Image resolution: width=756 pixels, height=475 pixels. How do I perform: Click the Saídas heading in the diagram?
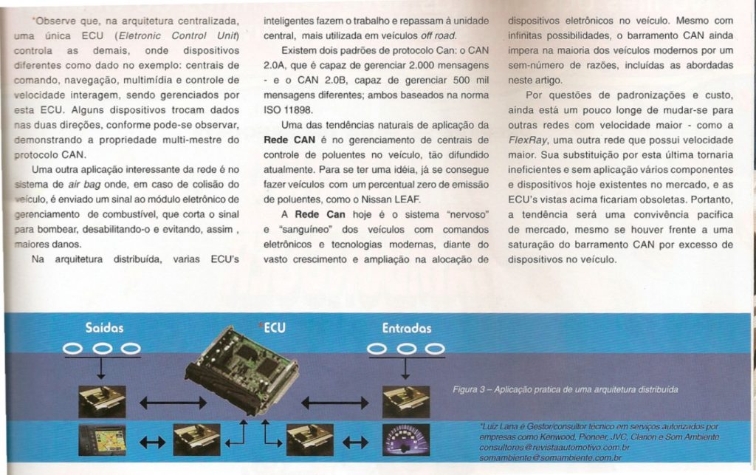(104, 327)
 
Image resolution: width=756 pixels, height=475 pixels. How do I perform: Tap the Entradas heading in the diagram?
(407, 327)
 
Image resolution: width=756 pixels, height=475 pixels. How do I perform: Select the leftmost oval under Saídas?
(77, 348)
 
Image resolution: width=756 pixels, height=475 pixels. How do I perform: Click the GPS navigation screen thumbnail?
(102, 441)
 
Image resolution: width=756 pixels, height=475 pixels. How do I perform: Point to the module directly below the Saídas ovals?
(102, 400)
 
